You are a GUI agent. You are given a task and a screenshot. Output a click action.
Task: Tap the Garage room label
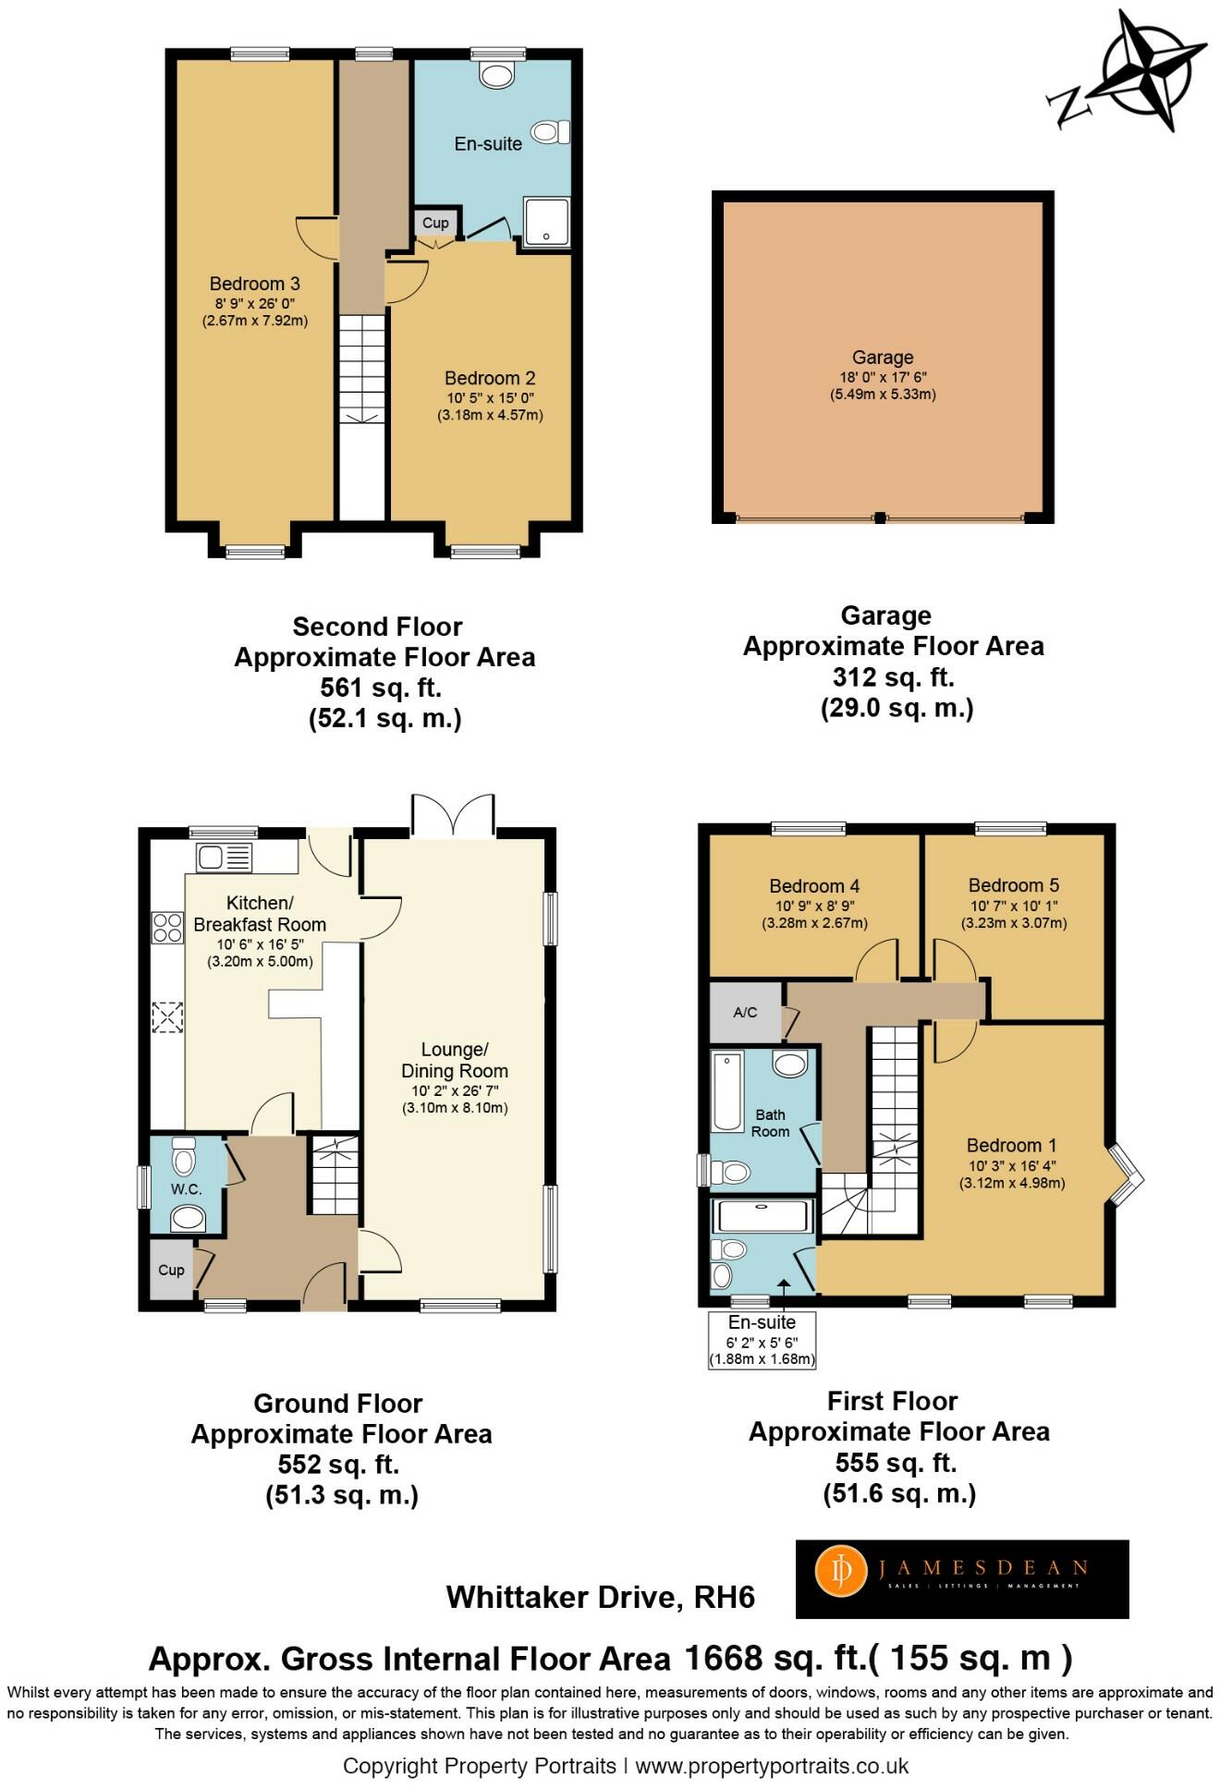point(883,358)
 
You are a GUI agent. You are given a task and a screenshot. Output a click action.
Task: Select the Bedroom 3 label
point(254,284)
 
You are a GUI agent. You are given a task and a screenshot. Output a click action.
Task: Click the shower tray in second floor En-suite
point(547,221)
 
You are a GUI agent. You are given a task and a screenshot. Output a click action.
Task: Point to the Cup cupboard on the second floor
point(435,223)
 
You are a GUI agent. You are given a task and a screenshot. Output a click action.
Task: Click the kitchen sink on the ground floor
point(224,858)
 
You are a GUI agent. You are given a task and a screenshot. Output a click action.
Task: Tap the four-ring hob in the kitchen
point(167,927)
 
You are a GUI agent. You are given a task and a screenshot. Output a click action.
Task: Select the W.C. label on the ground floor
point(186,1189)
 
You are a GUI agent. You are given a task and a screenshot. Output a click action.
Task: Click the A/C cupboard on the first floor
point(745,1012)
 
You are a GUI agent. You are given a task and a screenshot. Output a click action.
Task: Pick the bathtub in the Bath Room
point(727,1091)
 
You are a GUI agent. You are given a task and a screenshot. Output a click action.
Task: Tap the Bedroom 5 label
point(1014,885)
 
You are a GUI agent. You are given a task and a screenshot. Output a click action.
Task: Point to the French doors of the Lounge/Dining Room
point(452,816)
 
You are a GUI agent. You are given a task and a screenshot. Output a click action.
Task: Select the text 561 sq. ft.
point(381,688)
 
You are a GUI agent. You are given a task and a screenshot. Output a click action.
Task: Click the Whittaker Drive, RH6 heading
point(601,1597)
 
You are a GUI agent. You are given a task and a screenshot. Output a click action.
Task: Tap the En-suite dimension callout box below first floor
point(762,1340)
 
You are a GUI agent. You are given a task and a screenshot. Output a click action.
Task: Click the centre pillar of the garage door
point(880,517)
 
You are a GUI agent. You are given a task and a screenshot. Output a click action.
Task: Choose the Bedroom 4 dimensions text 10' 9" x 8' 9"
point(814,907)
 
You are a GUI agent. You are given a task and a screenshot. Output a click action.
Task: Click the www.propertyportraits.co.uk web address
point(772,1766)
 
